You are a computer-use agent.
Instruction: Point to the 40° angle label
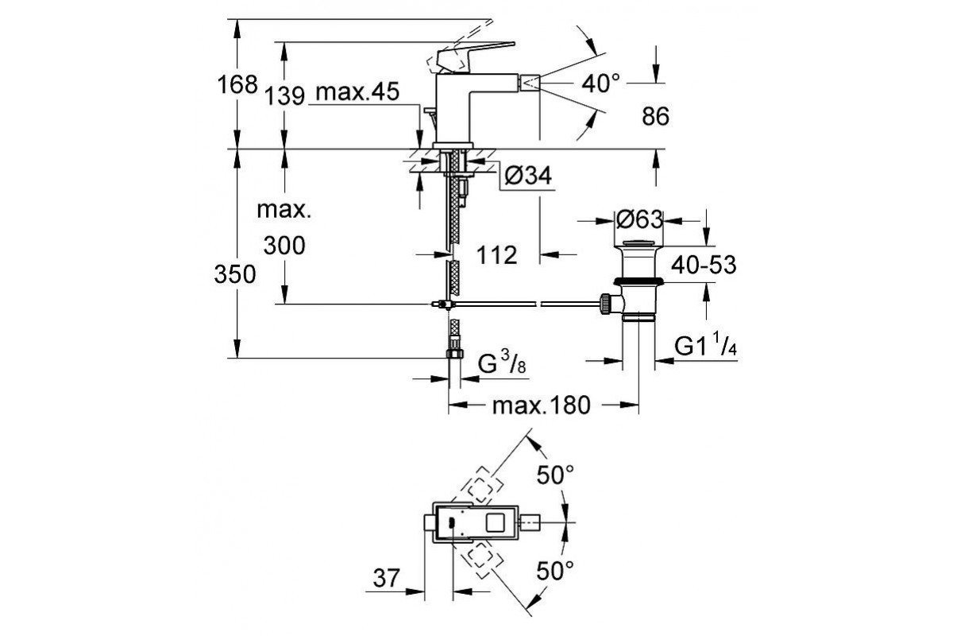pos(600,83)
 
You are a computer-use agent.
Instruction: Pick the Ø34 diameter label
pos(526,176)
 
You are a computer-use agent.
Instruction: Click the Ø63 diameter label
pos(639,218)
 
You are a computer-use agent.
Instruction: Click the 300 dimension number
pos(284,246)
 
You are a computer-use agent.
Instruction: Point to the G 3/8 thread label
pos(501,365)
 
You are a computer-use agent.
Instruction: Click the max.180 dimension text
pos(542,406)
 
